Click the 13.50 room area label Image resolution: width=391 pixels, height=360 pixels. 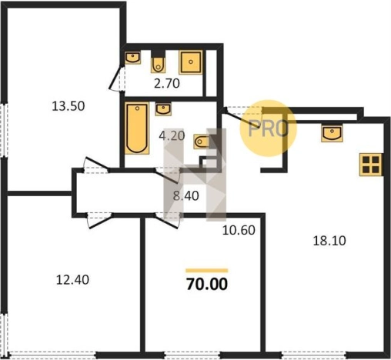click(69, 106)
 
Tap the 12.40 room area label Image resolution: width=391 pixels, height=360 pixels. click(72, 280)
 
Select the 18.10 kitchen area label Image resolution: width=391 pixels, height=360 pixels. click(329, 241)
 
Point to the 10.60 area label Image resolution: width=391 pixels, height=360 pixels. click(239, 230)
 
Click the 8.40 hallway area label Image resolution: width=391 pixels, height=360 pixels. click(186, 196)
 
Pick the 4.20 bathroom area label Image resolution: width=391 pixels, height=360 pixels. click(172, 135)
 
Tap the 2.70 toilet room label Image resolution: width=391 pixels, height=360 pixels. click(167, 83)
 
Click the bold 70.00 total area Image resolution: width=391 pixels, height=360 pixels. click(207, 284)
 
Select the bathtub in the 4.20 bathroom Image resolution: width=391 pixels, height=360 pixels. click(137, 128)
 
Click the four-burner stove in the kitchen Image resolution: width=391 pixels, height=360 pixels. click(371, 165)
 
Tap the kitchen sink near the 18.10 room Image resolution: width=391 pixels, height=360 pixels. click(332, 133)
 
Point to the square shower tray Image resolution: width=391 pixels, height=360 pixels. click(191, 62)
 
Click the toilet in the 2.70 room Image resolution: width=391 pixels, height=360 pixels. click(158, 63)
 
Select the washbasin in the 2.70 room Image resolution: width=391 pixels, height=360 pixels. click(132, 57)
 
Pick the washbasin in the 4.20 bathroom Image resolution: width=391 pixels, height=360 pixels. click(163, 109)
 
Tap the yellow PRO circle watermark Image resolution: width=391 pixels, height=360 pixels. click(268, 128)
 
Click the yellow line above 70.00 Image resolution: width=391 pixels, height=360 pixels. click(207, 270)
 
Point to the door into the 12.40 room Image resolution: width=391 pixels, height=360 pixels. click(99, 221)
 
